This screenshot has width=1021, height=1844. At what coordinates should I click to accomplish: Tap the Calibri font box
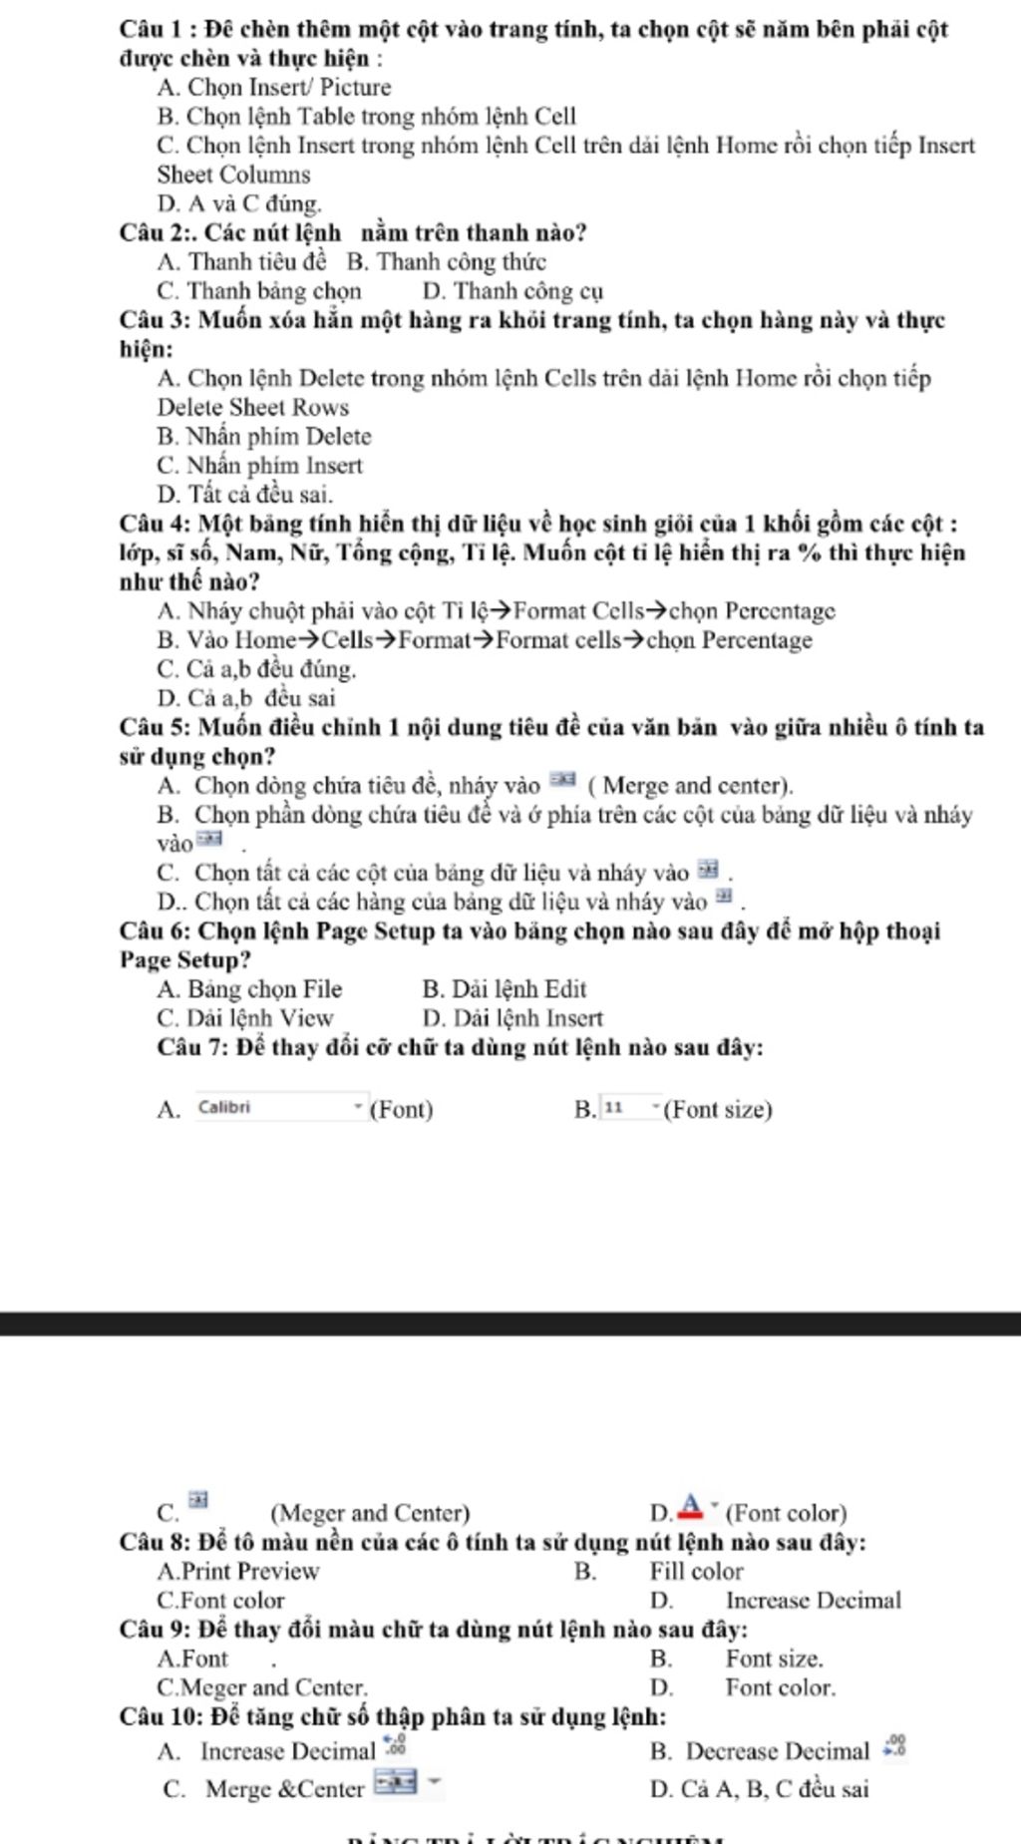point(279,1107)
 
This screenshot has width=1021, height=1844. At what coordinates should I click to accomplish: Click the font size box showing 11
point(629,1108)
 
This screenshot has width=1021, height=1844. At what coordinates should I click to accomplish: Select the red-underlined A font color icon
point(691,1505)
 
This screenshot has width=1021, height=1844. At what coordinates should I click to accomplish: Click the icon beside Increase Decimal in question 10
point(396,1744)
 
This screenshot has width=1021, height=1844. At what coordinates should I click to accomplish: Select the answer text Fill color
point(696,1572)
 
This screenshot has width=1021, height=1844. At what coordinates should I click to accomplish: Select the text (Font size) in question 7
point(718,1110)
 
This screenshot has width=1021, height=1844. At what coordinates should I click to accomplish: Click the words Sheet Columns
point(233,176)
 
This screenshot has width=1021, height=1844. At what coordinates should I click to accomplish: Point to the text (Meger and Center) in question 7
point(369,1514)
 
